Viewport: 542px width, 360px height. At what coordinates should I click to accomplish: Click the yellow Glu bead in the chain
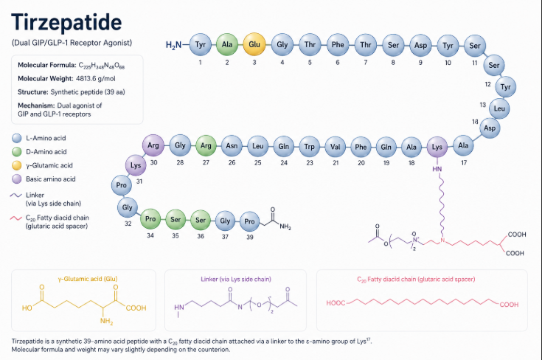(x=254, y=44)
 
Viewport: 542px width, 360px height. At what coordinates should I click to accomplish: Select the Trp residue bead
(x=310, y=147)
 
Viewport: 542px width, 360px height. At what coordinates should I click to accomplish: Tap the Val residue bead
(x=336, y=147)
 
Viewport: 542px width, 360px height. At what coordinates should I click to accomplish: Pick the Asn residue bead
(x=232, y=146)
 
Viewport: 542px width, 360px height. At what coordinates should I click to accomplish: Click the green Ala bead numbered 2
(x=227, y=44)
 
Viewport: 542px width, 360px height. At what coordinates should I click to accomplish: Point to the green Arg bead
(x=206, y=145)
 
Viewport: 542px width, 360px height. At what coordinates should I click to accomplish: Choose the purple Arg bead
(x=153, y=145)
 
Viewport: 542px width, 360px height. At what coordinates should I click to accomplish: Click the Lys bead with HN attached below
(x=437, y=147)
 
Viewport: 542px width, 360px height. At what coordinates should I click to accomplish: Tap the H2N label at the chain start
(x=173, y=45)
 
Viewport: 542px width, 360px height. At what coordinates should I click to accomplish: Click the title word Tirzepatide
(x=66, y=22)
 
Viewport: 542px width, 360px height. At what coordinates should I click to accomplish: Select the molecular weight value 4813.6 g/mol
(x=96, y=78)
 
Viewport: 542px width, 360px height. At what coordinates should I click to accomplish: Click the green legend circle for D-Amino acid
(x=17, y=152)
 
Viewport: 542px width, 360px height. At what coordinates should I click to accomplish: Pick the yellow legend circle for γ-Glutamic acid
(x=17, y=165)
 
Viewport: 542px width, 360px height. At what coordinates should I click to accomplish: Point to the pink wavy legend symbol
(x=16, y=218)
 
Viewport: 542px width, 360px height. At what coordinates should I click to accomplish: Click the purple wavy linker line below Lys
(x=442, y=204)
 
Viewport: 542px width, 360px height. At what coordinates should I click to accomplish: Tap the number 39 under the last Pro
(x=249, y=238)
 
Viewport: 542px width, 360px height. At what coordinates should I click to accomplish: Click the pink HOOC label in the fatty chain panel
(x=336, y=303)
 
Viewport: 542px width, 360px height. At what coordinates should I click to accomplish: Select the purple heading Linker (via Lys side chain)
(x=236, y=279)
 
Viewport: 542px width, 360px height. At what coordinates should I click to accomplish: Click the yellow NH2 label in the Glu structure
(x=106, y=322)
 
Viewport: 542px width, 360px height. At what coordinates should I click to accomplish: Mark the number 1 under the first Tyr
(x=200, y=62)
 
